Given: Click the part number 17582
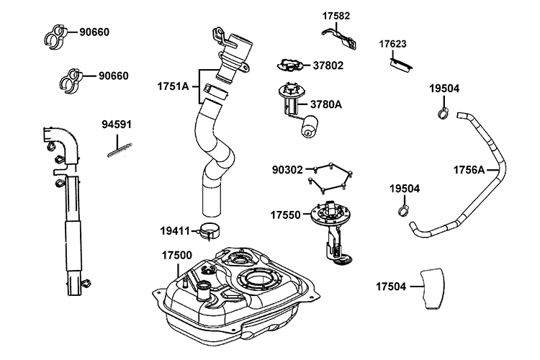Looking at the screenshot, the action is [x=336, y=16].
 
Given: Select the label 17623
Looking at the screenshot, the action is [x=392, y=44].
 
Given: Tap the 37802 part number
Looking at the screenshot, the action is [x=328, y=66].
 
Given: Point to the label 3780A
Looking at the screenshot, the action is [x=325, y=104].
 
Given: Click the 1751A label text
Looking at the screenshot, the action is [x=173, y=86].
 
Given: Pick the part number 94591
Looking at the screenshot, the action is [x=117, y=125].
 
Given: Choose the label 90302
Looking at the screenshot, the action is [x=287, y=170].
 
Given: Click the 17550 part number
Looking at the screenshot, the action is [x=286, y=215].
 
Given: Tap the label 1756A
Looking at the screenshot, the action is [x=469, y=170].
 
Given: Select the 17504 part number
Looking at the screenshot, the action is [x=391, y=287].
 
